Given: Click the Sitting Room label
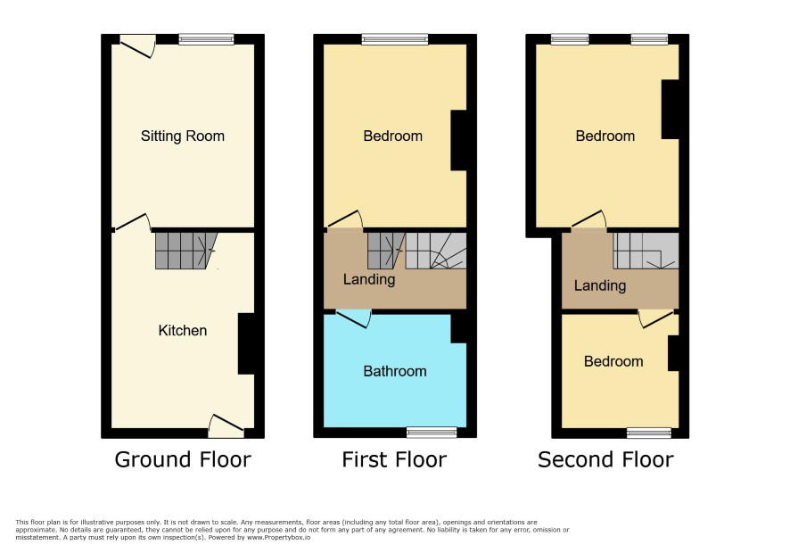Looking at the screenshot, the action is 183,136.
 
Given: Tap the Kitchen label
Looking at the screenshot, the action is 183,330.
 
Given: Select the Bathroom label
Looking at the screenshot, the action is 395,372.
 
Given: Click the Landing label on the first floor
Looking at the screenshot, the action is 369,279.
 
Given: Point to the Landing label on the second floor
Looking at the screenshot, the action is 600,285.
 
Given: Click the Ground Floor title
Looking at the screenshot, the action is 183,459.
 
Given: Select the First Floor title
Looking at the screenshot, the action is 394,459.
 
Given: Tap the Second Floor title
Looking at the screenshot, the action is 605,459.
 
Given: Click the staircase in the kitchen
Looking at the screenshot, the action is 186,251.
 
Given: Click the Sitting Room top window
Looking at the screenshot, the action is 207,39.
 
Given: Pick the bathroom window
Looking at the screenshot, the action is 432,433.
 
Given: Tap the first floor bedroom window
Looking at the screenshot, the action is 395,39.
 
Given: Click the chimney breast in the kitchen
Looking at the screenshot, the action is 246,343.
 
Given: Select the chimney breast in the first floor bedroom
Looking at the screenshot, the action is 458,140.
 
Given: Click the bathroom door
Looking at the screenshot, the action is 354,318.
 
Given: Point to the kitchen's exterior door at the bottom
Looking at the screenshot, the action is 226,426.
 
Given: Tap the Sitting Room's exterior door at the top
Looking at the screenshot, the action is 137,45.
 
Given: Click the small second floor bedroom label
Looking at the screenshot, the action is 613,361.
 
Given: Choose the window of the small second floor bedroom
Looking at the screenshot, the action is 649,433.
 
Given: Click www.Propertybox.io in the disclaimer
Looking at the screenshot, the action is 278,538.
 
